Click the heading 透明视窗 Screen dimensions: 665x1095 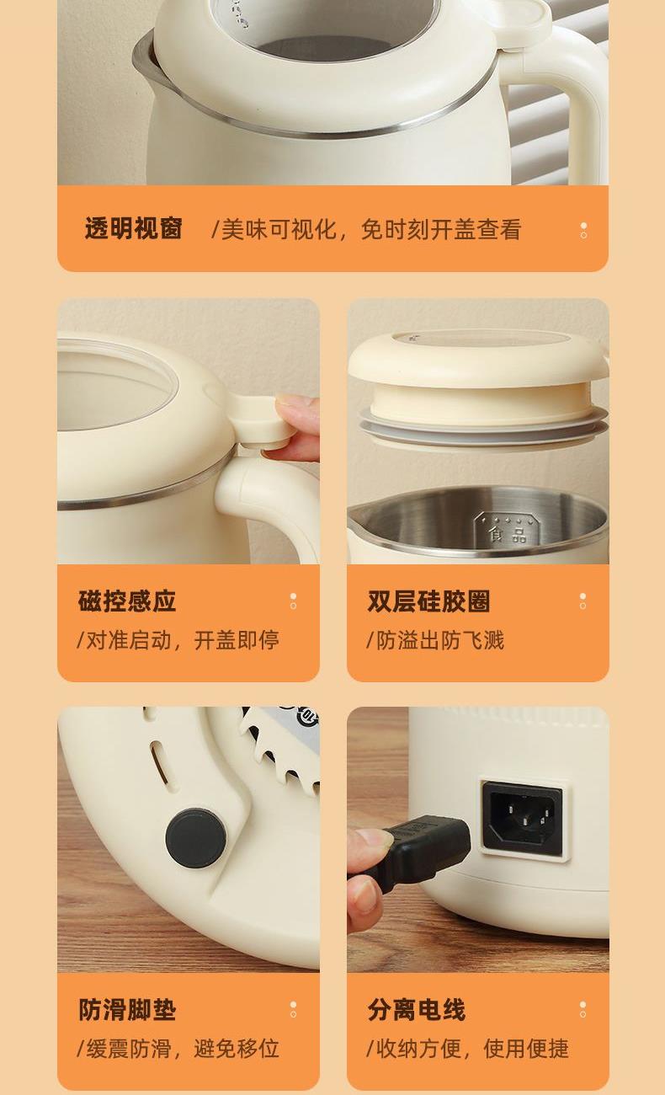coord(133,229)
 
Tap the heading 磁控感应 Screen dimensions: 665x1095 coord(127,601)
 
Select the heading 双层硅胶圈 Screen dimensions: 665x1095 coord(428,601)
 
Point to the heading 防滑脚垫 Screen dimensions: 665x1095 coord(127,1009)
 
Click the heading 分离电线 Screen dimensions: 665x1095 coord(417,1009)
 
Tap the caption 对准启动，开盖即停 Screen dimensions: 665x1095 coord(178,640)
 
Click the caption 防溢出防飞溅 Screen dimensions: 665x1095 coord(435,640)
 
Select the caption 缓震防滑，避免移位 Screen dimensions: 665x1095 coord(178,1049)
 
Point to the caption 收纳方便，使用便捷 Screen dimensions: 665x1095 coord(467,1049)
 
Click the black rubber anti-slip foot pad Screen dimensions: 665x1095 coord(195,838)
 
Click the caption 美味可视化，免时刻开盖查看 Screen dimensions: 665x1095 coord(366,229)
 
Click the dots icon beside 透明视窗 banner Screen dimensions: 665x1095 coord(583,230)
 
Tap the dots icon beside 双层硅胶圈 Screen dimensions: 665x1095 coord(583,601)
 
